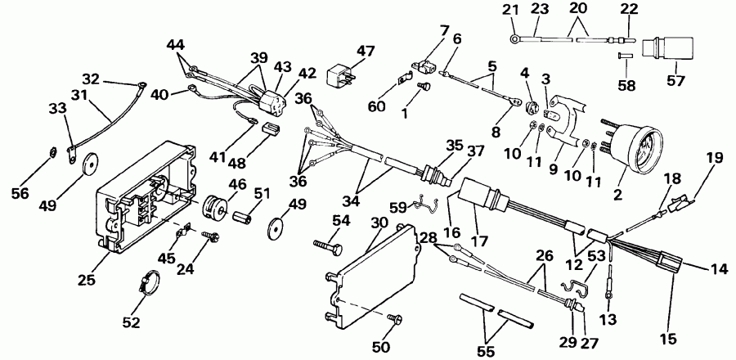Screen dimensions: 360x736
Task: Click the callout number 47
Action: (x=366, y=52)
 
